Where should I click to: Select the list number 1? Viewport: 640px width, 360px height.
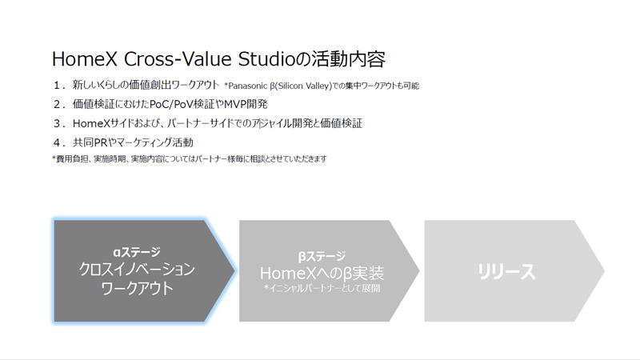56,85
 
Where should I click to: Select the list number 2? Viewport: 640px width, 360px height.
56,104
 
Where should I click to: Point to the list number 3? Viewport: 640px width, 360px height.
56,123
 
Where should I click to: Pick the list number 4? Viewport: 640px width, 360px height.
56,142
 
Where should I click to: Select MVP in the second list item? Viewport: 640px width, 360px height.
234,104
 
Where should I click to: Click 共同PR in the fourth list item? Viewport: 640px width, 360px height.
90,142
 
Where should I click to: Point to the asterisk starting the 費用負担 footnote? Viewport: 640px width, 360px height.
53,159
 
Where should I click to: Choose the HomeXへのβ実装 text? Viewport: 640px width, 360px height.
322,273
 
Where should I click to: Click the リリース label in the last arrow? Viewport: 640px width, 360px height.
506,271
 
